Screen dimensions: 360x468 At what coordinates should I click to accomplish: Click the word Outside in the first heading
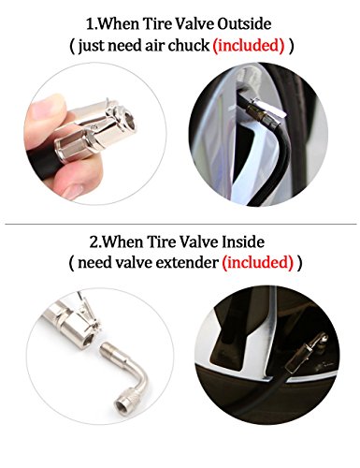(x=244, y=24)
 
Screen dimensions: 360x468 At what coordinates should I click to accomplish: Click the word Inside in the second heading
(x=243, y=241)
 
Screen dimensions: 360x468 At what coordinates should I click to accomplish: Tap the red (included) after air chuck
(x=249, y=45)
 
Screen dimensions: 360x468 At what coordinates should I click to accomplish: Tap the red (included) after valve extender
(x=258, y=263)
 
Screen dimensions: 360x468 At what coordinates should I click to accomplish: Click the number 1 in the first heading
(x=90, y=24)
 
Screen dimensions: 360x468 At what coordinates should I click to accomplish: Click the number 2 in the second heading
(x=94, y=242)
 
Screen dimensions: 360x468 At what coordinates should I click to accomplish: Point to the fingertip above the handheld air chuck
(x=48, y=106)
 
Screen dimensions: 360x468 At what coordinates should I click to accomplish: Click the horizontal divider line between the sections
(x=180, y=224)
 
